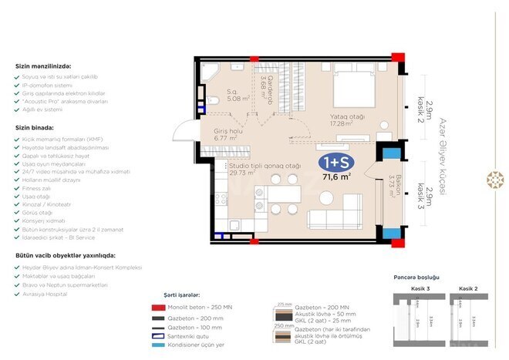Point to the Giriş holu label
point(229,136)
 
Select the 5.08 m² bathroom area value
point(237,99)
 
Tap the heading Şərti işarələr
point(182,294)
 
